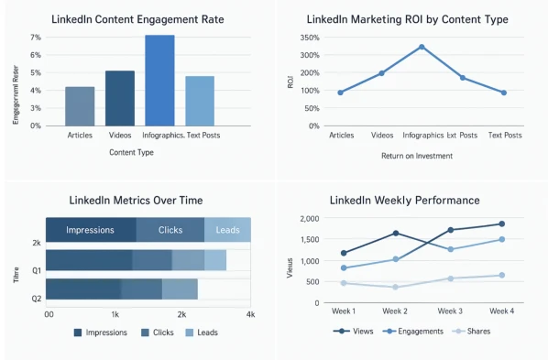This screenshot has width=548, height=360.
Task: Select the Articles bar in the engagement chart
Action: (80, 106)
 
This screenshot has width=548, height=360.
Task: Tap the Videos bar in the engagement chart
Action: (120, 98)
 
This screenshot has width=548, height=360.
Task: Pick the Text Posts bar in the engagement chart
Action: (200, 101)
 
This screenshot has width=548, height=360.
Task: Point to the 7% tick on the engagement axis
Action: (36, 38)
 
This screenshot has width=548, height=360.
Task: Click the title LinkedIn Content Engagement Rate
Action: (138, 17)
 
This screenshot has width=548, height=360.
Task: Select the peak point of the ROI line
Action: (422, 47)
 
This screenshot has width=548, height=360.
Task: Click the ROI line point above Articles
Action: (340, 93)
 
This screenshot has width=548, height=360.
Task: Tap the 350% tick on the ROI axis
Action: (308, 38)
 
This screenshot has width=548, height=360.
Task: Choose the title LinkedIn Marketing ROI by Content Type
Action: (421, 17)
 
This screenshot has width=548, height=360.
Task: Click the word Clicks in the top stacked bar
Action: (170, 230)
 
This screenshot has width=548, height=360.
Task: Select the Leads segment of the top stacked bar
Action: (227, 230)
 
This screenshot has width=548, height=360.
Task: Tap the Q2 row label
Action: (36, 299)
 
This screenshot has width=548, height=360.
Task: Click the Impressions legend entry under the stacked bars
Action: (100, 333)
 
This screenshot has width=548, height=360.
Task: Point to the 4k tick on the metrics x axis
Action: (250, 314)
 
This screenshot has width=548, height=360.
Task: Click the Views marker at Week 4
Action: (502, 224)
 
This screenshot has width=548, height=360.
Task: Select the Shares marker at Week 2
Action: (395, 287)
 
